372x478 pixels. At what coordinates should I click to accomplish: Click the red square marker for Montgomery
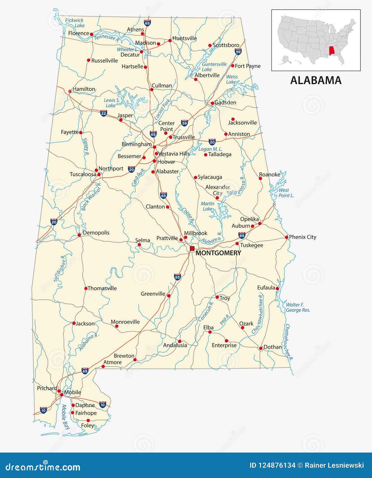click(x=192, y=248)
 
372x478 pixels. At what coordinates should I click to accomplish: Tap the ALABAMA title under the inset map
click(x=316, y=80)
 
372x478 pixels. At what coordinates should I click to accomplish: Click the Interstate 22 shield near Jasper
click(x=104, y=113)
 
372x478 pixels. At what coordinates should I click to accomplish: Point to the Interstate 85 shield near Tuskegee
click(x=242, y=235)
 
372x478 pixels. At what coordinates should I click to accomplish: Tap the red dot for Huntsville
click(x=170, y=40)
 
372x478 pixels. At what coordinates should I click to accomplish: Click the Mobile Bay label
click(x=66, y=417)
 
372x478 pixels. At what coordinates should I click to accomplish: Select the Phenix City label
click(x=302, y=237)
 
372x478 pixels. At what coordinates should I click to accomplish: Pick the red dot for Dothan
click(x=261, y=348)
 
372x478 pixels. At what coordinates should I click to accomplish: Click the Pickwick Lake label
click(x=75, y=23)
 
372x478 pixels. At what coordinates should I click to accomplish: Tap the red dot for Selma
click(x=139, y=245)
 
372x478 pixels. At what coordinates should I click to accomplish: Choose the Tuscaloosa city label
click(x=83, y=174)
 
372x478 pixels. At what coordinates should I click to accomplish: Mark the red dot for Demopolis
click(x=79, y=235)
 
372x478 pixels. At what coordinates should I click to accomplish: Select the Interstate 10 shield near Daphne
click(x=103, y=405)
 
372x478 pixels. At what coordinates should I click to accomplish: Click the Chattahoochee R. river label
click(x=289, y=343)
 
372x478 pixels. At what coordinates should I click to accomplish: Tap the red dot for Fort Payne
click(x=233, y=66)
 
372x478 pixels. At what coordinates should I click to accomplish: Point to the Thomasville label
click(x=102, y=288)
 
